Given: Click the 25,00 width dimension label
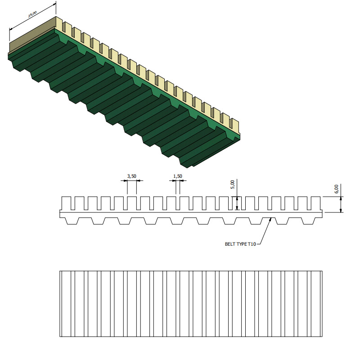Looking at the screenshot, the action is (x=32, y=14).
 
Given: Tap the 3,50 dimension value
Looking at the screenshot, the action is (x=132, y=176).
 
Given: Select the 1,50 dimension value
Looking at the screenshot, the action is (x=178, y=176).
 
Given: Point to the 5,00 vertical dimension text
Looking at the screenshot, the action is (x=232, y=184).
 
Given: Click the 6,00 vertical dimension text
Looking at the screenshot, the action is (x=336, y=189).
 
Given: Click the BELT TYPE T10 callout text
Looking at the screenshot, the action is (x=240, y=244).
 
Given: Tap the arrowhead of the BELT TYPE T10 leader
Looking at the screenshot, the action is (x=270, y=219).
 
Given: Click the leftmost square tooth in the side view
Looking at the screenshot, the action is (x=66, y=203).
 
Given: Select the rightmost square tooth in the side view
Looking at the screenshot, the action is (x=316, y=203).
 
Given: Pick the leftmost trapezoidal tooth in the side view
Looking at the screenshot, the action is (x=72, y=221).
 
